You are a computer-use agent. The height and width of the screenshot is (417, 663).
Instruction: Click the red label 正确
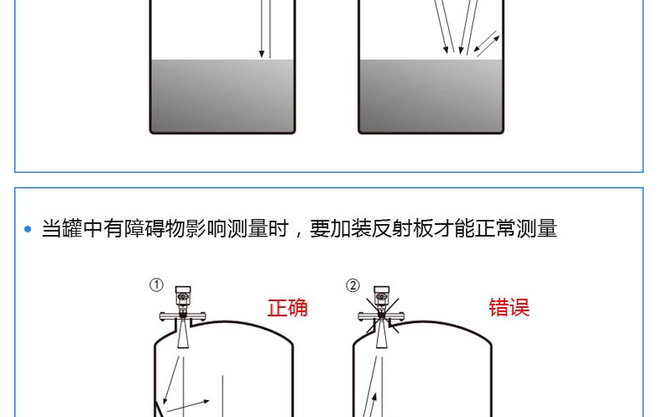point(288,307)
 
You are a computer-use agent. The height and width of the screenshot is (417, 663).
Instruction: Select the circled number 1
point(156,285)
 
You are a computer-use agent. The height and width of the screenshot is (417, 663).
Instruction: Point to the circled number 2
point(353,285)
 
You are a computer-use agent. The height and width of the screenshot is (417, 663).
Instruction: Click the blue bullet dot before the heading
point(28,229)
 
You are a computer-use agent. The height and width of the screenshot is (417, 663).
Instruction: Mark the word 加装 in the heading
point(339,228)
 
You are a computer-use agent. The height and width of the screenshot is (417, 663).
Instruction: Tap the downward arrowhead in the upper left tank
point(262,53)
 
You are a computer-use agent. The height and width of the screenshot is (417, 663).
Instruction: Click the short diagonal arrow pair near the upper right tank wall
point(487,44)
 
